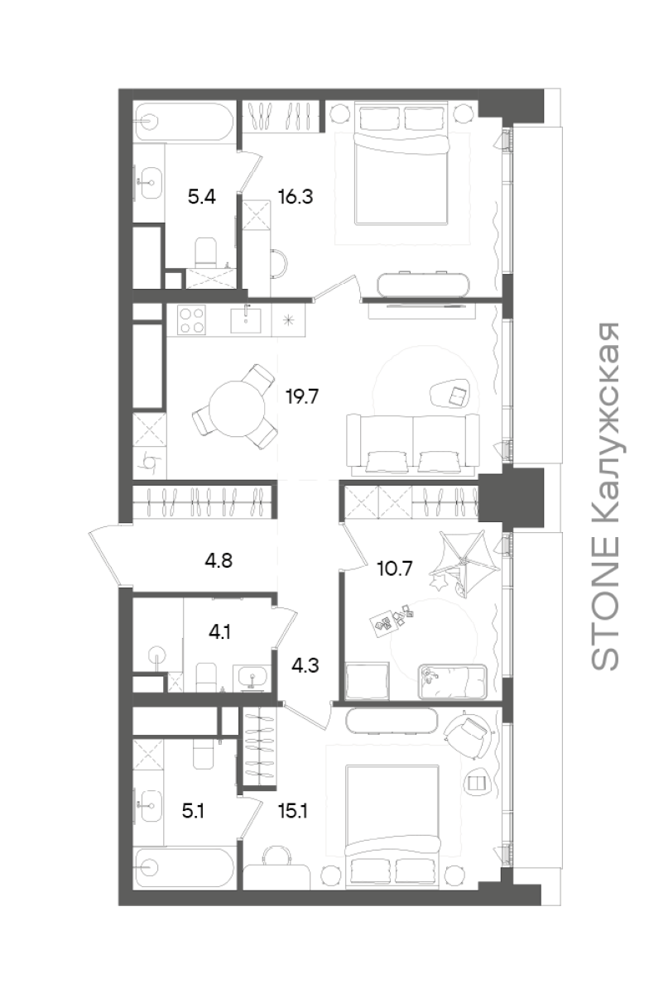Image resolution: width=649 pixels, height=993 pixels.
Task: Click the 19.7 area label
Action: [302, 396]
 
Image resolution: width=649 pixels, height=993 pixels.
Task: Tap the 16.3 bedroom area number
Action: [296, 196]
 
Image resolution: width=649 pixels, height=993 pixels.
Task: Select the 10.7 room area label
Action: [394, 568]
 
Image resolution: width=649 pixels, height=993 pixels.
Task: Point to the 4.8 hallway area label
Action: [219, 561]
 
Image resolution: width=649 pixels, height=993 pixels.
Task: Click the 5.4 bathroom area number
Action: [201, 196]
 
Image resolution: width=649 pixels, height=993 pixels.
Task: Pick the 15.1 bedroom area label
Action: [293, 811]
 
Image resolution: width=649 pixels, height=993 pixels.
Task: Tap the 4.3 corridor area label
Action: [305, 665]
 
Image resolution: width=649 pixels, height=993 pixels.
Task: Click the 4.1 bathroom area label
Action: [219, 631]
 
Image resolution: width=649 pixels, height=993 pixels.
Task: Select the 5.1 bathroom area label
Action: [193, 811]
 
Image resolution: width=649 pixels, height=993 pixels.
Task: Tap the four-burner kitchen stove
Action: [191, 319]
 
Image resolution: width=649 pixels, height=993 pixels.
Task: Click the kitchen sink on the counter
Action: [245, 320]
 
